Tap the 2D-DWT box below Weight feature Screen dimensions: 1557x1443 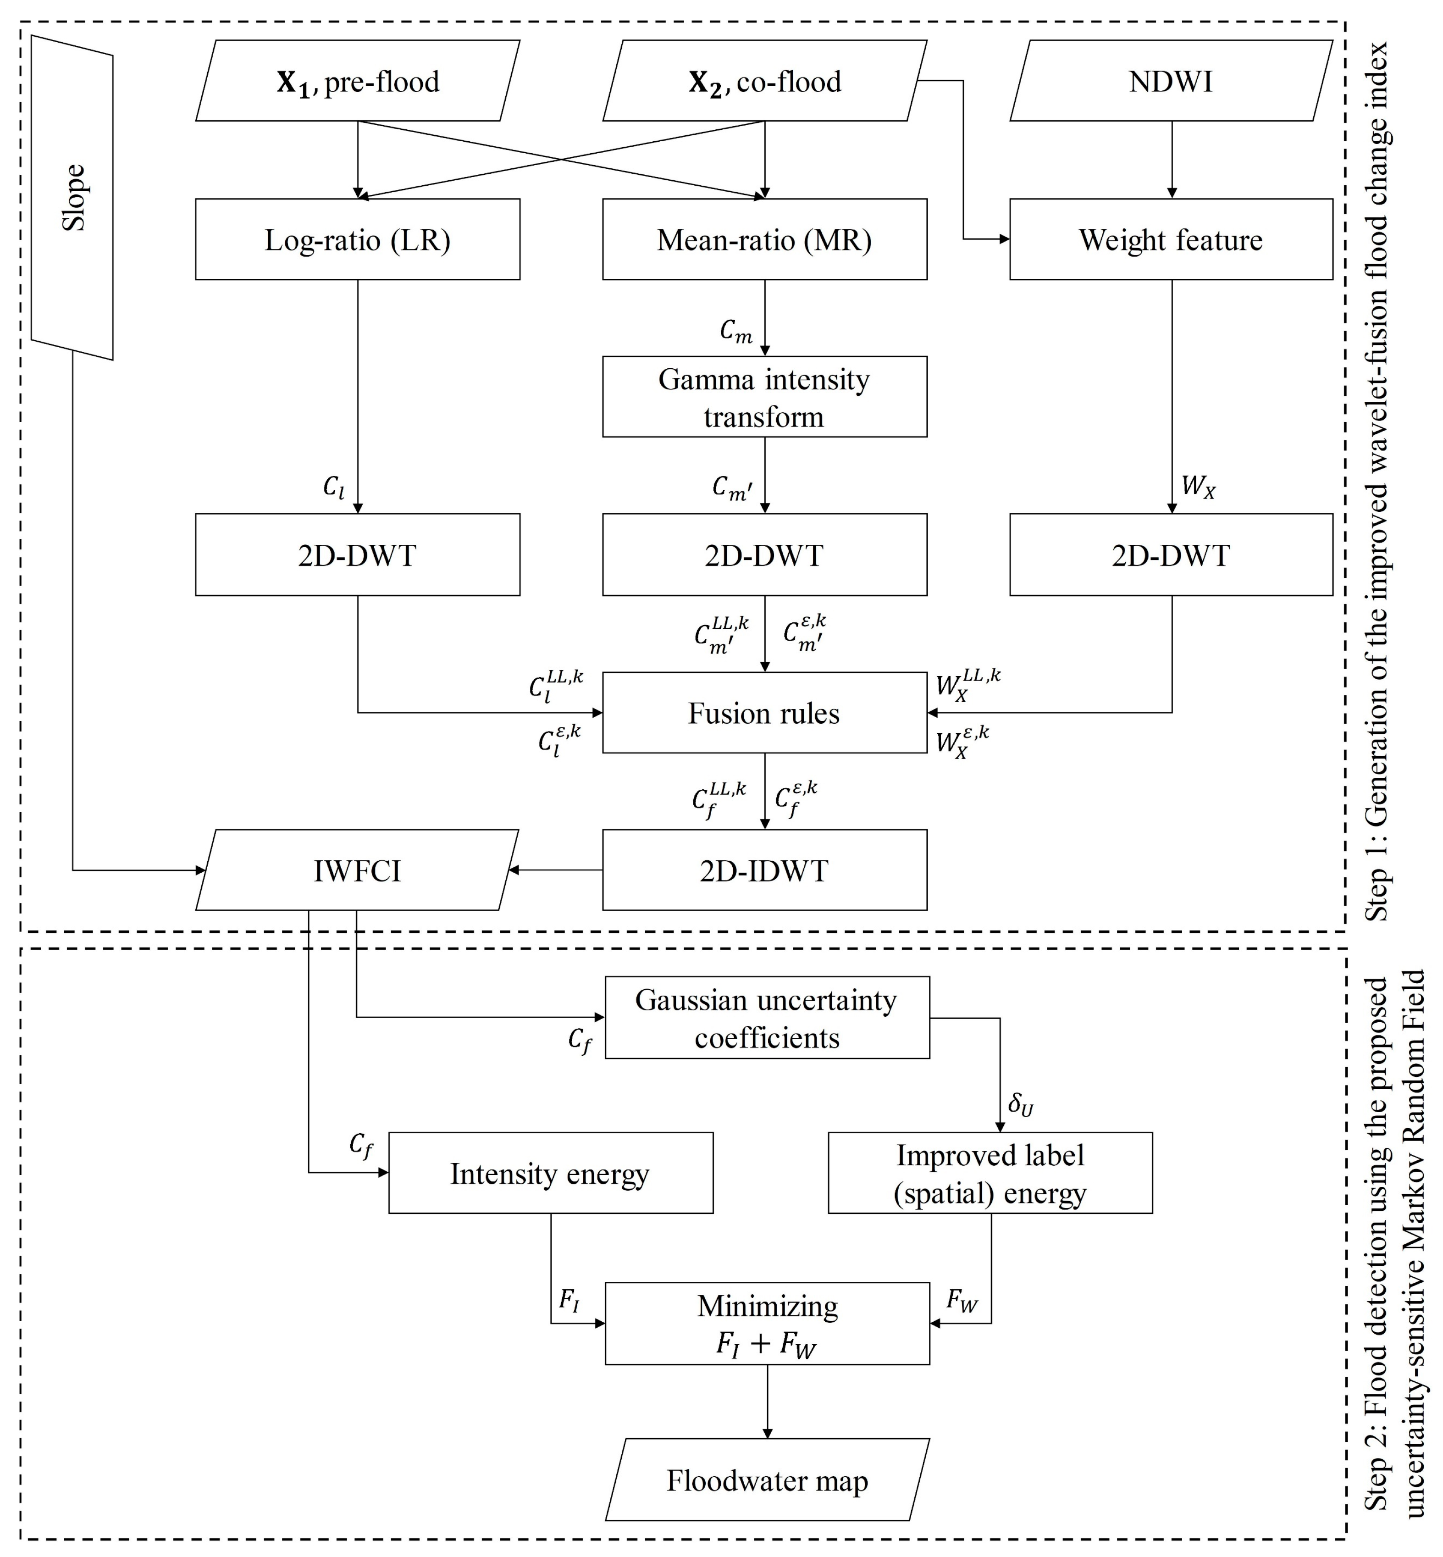click(1171, 555)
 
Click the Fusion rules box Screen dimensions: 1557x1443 click(764, 713)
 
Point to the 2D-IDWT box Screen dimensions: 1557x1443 click(764, 870)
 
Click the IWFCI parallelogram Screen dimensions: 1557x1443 click(358, 870)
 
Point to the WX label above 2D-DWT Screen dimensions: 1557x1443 click(1198, 487)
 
